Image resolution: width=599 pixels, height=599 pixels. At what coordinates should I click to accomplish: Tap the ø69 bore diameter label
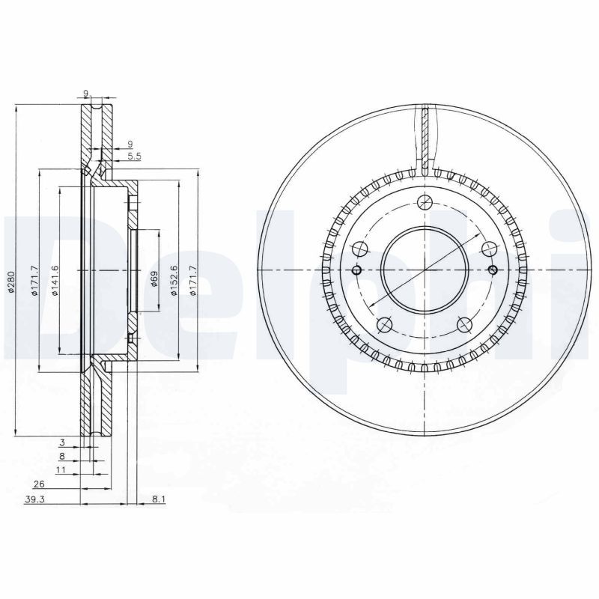coord(154,279)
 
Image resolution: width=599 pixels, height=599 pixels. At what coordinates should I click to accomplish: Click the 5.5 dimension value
coord(134,156)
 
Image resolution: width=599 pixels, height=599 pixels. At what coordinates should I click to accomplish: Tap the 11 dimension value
coord(61,469)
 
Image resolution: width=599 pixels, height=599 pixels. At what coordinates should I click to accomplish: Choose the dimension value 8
coord(62,455)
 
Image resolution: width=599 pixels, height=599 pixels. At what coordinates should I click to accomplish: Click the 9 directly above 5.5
coord(130,144)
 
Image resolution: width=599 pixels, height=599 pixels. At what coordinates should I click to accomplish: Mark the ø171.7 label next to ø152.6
coord(193,281)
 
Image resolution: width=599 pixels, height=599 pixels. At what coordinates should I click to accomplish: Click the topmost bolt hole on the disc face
coord(425,201)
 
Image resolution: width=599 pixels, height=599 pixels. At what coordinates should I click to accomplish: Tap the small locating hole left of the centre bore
coord(356,270)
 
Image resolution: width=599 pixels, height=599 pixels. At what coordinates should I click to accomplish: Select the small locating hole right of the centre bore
coord(493,270)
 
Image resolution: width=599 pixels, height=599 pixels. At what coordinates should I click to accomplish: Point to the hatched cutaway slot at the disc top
coord(425,139)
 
